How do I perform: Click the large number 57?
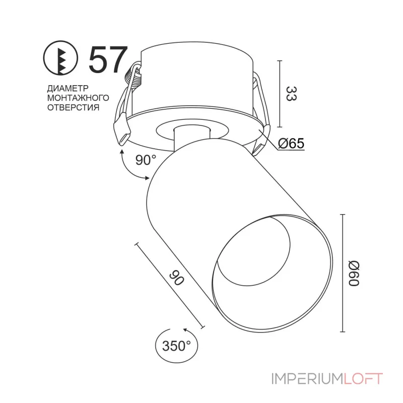coord(106,60)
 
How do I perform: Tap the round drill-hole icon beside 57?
coord(62,60)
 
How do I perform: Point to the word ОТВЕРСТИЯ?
coord(73,107)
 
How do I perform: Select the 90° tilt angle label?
coord(146,160)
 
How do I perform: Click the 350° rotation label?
coord(177,346)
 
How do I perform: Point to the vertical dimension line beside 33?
coord(279,94)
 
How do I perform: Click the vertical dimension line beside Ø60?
coord(343,273)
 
